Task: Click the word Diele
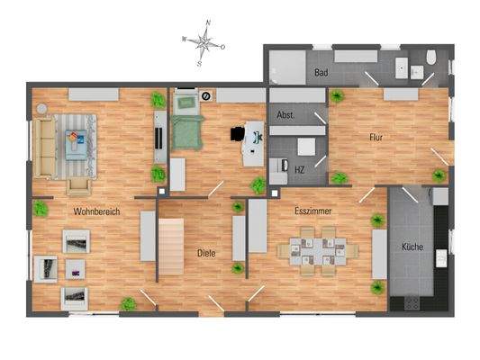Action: click(x=207, y=254)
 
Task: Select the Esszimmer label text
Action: click(x=311, y=211)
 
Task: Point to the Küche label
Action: click(x=412, y=247)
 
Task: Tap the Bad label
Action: click(x=320, y=72)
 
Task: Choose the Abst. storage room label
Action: click(x=285, y=115)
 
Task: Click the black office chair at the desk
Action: click(x=238, y=133)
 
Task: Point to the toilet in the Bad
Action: click(x=432, y=58)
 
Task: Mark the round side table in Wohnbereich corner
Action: click(x=41, y=108)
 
